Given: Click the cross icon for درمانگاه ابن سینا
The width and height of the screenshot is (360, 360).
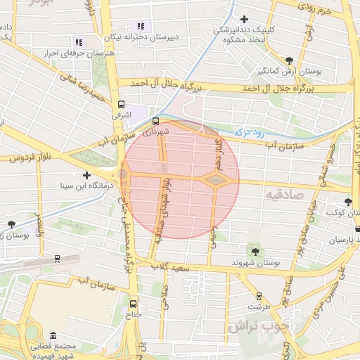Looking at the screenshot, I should pyautogui.click(x=86, y=175).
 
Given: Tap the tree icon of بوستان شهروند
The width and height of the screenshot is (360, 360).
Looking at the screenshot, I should pyautogui.click(x=255, y=251).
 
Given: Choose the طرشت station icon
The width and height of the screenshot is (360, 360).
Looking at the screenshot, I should pyautogui.click(x=259, y=296).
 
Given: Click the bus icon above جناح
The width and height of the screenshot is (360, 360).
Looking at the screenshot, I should pyautogui.click(x=134, y=304).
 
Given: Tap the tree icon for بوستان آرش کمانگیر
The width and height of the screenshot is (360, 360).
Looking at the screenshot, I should pyautogui.click(x=290, y=60).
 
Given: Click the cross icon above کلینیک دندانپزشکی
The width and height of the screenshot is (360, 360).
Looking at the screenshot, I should pyautogui.click(x=244, y=19).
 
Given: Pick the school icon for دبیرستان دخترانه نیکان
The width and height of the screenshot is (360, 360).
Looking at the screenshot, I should pyautogui.click(x=141, y=26).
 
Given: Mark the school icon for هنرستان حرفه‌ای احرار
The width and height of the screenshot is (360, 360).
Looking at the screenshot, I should pyautogui.click(x=79, y=42).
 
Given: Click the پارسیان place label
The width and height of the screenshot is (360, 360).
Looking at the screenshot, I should pyautogui.click(x=338, y=240).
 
